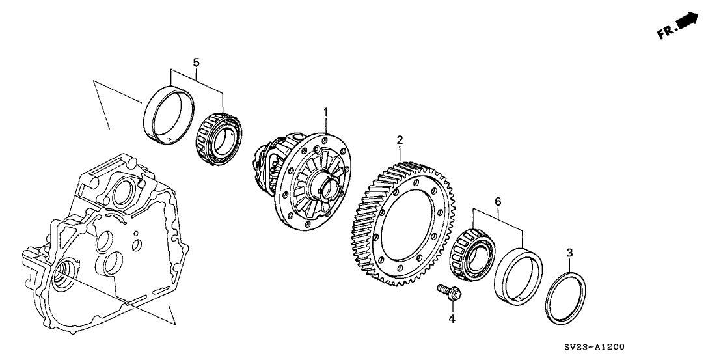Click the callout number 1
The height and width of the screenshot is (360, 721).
point(325,114)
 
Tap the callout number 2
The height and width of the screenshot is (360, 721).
point(400,139)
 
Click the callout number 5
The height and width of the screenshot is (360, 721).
point(196,62)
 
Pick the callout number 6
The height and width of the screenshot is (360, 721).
point(498,202)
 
